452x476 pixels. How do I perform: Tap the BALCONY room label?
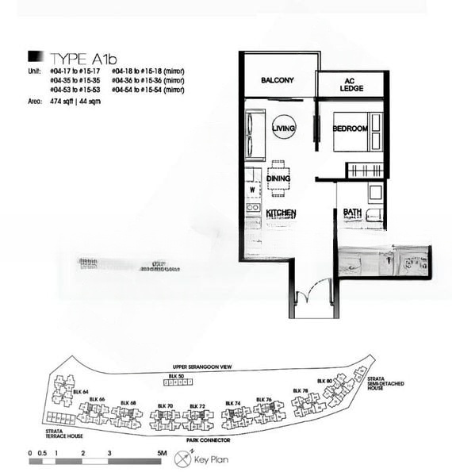(278, 80)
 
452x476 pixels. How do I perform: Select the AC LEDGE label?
(351, 85)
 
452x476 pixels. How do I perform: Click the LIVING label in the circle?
(283, 128)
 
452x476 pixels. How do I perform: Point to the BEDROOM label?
(350, 129)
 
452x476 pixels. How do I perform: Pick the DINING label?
(278, 178)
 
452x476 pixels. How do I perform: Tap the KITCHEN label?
(282, 213)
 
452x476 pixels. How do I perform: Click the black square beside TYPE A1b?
(36, 56)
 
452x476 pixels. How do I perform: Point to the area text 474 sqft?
(62, 102)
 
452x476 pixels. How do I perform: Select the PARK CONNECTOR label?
(209, 439)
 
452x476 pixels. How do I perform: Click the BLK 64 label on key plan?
(79, 391)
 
